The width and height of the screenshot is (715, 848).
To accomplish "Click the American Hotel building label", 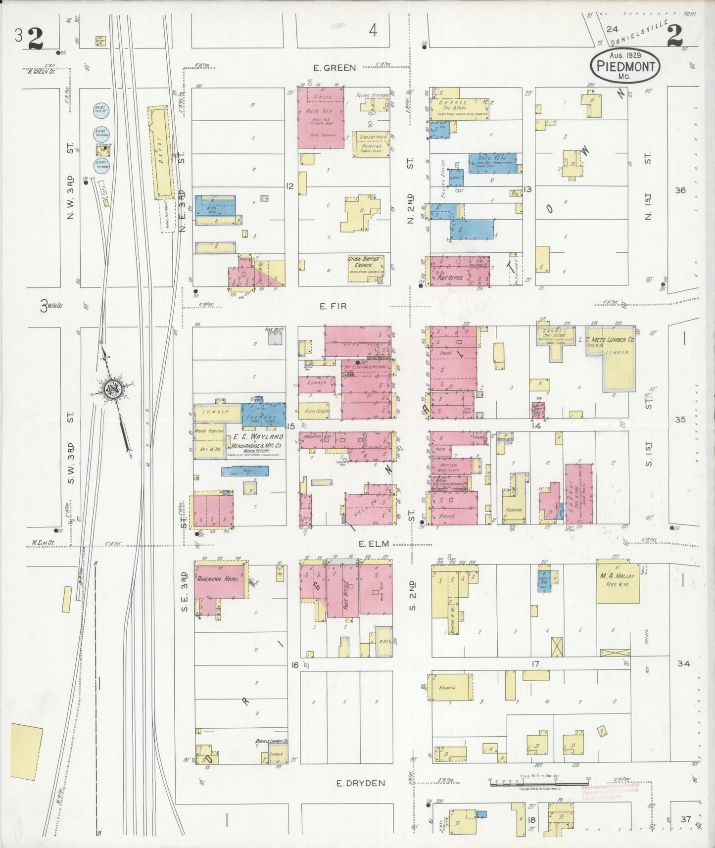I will pos(217,579).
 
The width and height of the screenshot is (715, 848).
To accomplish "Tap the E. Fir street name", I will pos(333,307).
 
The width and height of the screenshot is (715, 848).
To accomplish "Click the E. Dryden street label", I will pos(353,783).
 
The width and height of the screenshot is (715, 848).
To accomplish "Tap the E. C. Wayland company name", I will pos(255,437).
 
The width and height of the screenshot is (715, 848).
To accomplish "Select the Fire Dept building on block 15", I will pos(275,338).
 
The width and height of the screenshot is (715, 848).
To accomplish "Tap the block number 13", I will pos(527,189).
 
